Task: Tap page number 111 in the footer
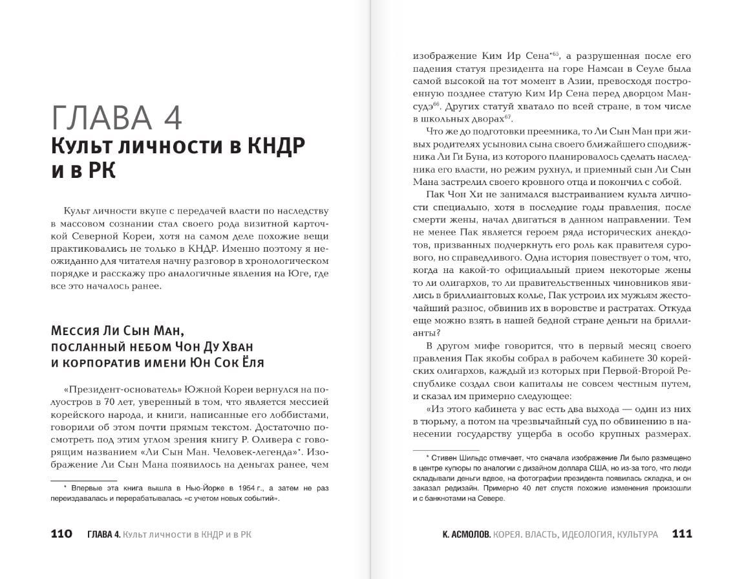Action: [x=682, y=534]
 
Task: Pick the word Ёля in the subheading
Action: [x=252, y=362]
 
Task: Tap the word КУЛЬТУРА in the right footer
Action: [x=637, y=534]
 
